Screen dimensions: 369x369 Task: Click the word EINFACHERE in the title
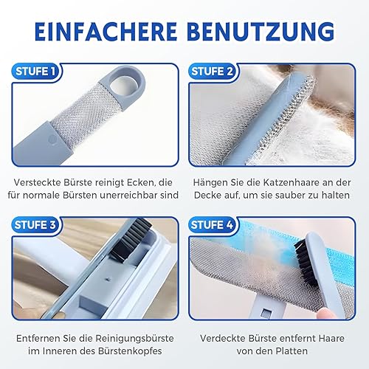point(106,32)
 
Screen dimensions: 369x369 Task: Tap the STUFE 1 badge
point(36,72)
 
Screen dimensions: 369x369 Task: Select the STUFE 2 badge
point(212,72)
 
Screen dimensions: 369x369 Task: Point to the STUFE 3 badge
point(36,225)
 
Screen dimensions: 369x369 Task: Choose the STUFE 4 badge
point(212,225)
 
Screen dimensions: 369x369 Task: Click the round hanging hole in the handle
point(121,86)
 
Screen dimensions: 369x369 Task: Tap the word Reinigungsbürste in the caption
point(134,339)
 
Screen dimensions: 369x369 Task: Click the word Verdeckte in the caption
point(222,339)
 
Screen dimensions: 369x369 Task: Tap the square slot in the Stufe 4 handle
point(266,313)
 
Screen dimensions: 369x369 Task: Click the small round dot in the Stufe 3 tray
point(108,279)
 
